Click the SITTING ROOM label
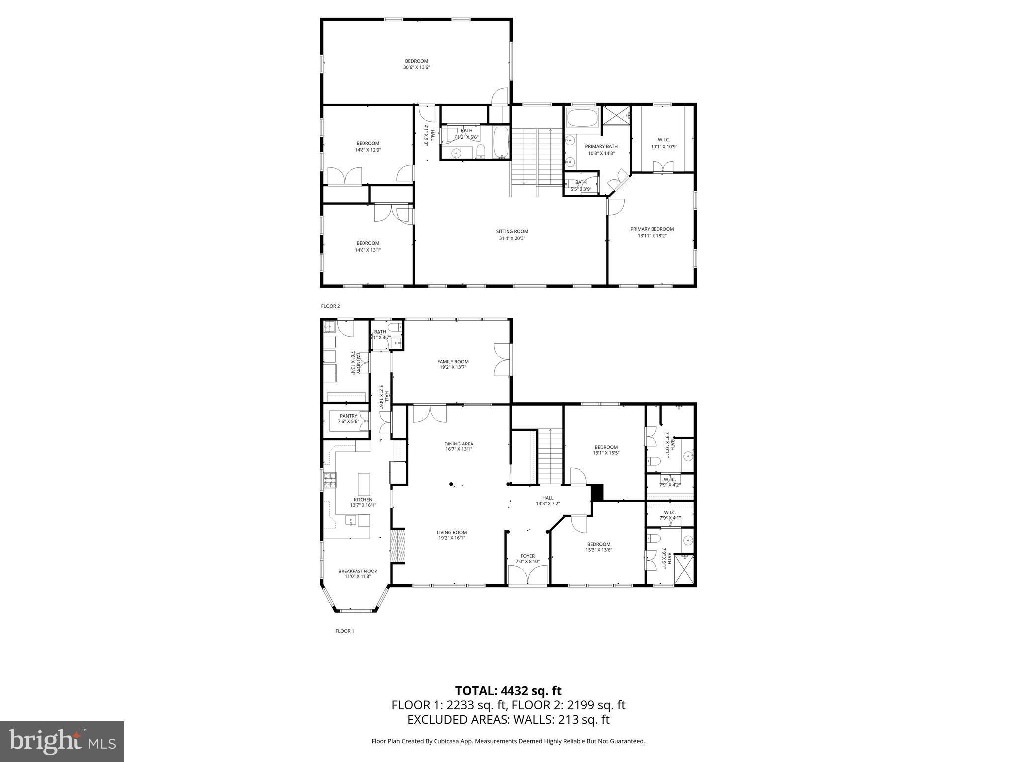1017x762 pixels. click(512, 231)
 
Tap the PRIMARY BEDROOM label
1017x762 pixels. click(652, 229)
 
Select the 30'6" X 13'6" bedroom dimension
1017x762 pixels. click(416, 67)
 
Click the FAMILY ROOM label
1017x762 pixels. click(453, 361)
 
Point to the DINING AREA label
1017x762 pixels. click(458, 444)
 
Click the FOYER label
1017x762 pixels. click(527, 556)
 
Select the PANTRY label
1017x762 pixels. click(348, 416)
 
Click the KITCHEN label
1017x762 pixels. click(363, 499)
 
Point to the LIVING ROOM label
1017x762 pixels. click(452, 532)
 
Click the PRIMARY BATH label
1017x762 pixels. click(601, 146)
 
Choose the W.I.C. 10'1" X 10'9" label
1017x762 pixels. click(664, 140)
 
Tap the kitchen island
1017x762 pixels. click(364, 484)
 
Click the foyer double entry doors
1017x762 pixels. click(528, 574)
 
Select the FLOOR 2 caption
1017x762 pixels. click(330, 306)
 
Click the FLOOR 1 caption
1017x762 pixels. click(345, 631)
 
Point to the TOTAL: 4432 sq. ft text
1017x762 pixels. click(508, 691)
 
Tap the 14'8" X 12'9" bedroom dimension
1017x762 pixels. click(367, 150)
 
